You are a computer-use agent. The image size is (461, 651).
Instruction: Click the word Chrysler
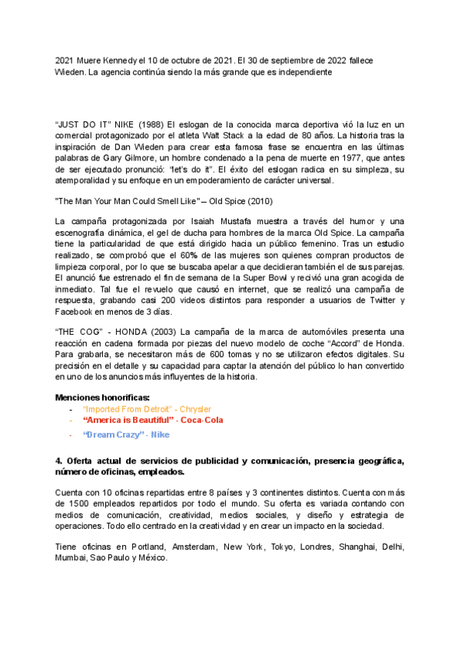tap(193, 410)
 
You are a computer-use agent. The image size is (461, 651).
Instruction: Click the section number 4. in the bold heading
tap(60, 461)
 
